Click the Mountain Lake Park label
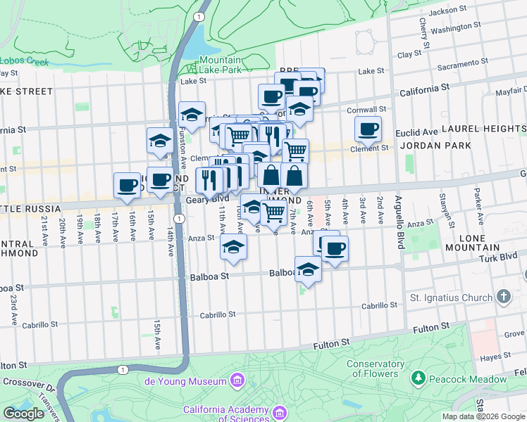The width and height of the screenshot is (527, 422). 220,65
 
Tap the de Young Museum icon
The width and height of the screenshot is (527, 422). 238,381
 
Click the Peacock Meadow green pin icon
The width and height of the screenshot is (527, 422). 418,378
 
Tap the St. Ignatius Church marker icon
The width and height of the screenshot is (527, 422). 503,298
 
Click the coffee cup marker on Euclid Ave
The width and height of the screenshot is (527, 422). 368,129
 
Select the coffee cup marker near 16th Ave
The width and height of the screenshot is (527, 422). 128,185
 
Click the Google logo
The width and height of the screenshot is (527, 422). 24,414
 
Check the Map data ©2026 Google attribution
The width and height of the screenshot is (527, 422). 483,416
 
